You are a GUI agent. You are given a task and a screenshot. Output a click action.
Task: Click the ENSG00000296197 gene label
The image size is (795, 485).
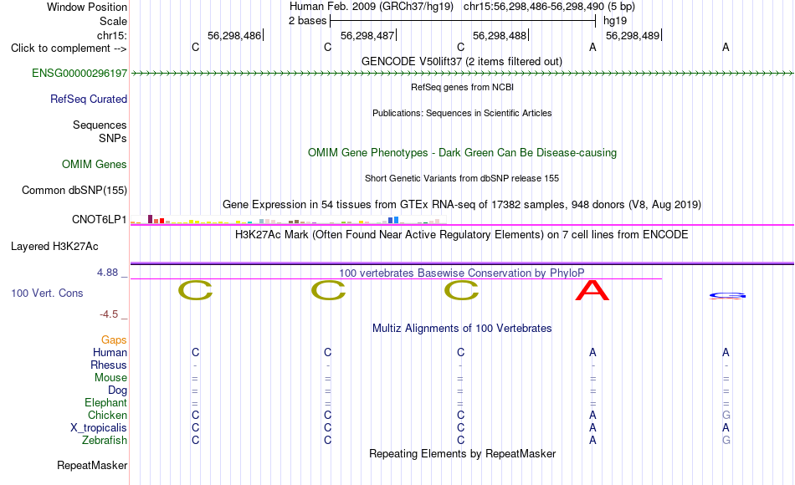point(79,73)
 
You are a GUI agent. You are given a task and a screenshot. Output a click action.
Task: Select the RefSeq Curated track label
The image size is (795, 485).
point(89,99)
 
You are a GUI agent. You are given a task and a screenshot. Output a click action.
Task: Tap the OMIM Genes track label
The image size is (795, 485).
point(95,164)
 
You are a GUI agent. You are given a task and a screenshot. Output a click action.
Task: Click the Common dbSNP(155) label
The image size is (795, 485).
point(74,190)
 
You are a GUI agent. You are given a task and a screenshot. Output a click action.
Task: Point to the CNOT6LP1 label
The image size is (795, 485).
point(100,219)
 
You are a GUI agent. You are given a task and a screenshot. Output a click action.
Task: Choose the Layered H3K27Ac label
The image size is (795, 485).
point(54,247)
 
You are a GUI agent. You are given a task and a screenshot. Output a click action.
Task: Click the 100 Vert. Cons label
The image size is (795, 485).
point(47,293)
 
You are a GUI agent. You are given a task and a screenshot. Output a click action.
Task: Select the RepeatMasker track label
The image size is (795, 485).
point(92,465)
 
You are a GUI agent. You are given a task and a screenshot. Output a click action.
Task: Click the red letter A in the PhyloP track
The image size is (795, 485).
point(592,290)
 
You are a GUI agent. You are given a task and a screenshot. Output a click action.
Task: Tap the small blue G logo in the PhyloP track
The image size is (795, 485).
point(727,295)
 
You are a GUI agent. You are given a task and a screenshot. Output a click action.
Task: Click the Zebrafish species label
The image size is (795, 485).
point(105,440)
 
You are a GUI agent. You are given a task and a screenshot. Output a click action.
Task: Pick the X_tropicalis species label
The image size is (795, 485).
point(99,428)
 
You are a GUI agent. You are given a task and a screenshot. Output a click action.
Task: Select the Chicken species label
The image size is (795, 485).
point(107,415)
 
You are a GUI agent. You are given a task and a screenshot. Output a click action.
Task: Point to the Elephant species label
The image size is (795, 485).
point(106,402)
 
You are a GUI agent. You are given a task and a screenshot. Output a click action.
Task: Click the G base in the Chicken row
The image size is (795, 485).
point(726,415)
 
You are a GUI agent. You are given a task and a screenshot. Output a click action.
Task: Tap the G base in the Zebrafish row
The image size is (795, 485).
point(726,440)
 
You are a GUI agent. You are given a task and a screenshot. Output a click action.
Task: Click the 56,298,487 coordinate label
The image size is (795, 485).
point(367,35)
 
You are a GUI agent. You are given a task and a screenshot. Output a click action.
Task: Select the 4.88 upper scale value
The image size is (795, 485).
point(107,273)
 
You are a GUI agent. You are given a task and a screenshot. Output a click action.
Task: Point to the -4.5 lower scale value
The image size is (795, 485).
point(109,314)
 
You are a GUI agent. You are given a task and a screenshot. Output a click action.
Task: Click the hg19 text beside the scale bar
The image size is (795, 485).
point(615,21)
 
